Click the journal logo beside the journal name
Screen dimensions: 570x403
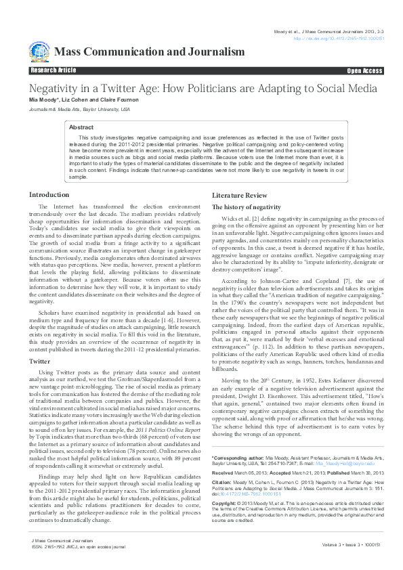[x=39, y=51]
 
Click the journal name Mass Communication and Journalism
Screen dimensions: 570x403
[x=149, y=52]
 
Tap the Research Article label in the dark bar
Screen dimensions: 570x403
[x=54, y=70]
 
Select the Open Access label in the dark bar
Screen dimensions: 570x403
[x=364, y=70]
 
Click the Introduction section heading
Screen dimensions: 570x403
[x=49, y=194]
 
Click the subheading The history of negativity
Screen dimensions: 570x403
[x=246, y=206]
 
